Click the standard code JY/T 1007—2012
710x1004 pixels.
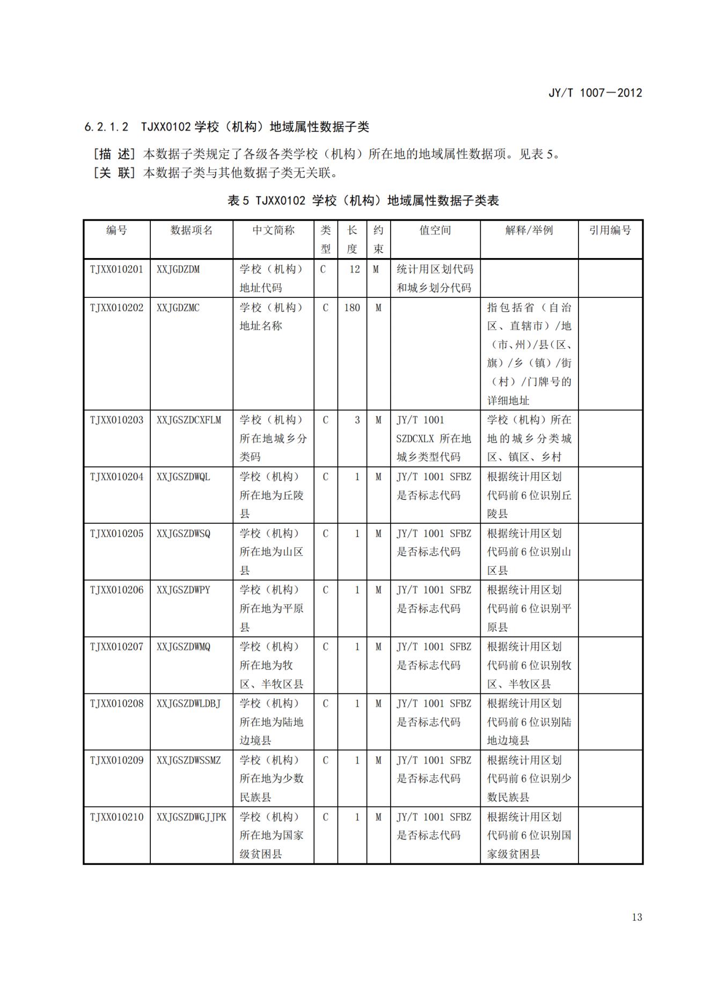tap(595, 93)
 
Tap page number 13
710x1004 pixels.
tap(636, 917)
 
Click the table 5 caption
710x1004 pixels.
tap(363, 201)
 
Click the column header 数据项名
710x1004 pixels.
tap(191, 230)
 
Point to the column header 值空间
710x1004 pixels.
tap(435, 230)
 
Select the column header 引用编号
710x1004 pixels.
tap(610, 230)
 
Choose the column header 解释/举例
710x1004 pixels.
tap(529, 230)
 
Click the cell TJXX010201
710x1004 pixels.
tap(116, 269)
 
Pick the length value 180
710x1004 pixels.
tap(352, 307)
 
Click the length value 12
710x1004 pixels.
tap(354, 269)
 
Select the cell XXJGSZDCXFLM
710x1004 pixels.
tap(188, 420)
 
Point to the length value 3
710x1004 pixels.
tap(357, 420)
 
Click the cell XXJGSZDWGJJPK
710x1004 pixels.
tap(191, 817)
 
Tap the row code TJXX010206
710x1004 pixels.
tap(116, 590)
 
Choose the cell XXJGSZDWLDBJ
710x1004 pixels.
tap(188, 703)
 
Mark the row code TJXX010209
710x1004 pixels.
tap(116, 760)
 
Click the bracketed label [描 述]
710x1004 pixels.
tap(114, 155)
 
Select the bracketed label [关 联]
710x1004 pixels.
tap(114, 173)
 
